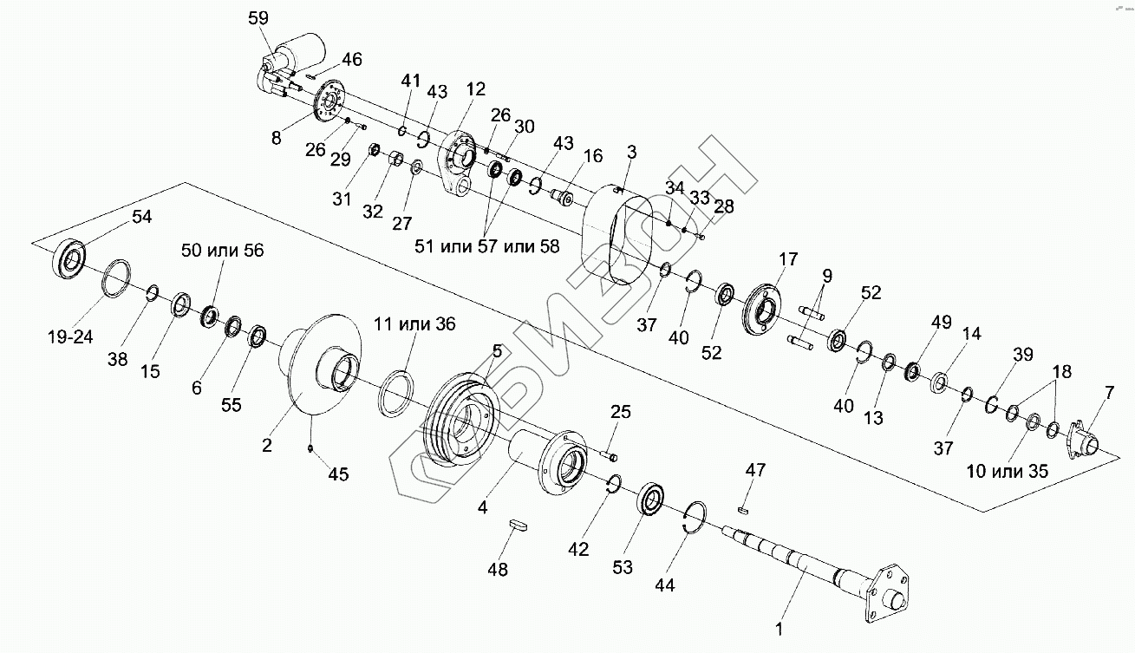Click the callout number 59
(258, 18)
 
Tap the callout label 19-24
(70, 336)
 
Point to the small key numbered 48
(518, 525)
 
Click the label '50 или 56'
(223, 250)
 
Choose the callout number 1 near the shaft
(779, 630)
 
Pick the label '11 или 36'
(414, 323)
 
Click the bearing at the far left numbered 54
(68, 258)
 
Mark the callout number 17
(788, 259)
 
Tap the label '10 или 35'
(1008, 471)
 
